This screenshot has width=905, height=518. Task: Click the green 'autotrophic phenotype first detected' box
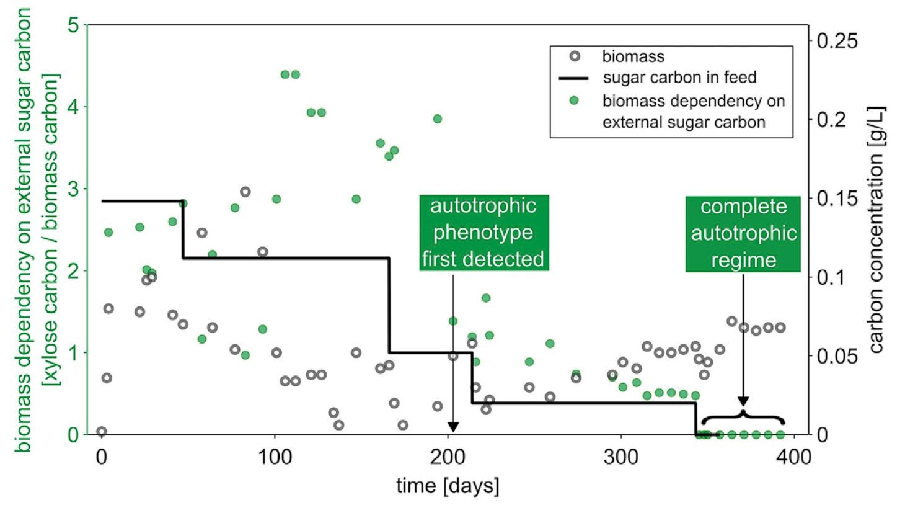point(484,233)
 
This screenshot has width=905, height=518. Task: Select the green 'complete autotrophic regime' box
point(743,234)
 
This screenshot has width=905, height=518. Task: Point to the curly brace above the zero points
point(743,416)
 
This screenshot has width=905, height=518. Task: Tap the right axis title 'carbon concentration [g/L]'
point(876,230)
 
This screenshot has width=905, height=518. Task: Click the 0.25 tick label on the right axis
point(837,41)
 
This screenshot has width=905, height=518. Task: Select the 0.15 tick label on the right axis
point(837,199)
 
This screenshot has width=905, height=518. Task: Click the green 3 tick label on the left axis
point(74,189)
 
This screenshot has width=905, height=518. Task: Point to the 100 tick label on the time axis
point(275,457)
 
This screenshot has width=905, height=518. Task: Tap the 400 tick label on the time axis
point(794,457)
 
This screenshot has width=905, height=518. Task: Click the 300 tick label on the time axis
point(621,457)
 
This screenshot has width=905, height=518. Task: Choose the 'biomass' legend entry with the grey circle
point(617,56)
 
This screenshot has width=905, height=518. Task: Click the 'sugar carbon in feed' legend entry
point(658,78)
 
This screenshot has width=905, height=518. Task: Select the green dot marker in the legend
point(574,100)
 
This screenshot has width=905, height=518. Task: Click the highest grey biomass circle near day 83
point(245,192)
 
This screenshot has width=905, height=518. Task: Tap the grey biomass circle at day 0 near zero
point(102,432)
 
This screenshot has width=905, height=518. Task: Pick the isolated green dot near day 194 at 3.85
point(437,119)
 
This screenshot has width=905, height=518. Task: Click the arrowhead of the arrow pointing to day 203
point(453,427)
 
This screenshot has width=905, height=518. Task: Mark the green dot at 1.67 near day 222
point(486,298)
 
